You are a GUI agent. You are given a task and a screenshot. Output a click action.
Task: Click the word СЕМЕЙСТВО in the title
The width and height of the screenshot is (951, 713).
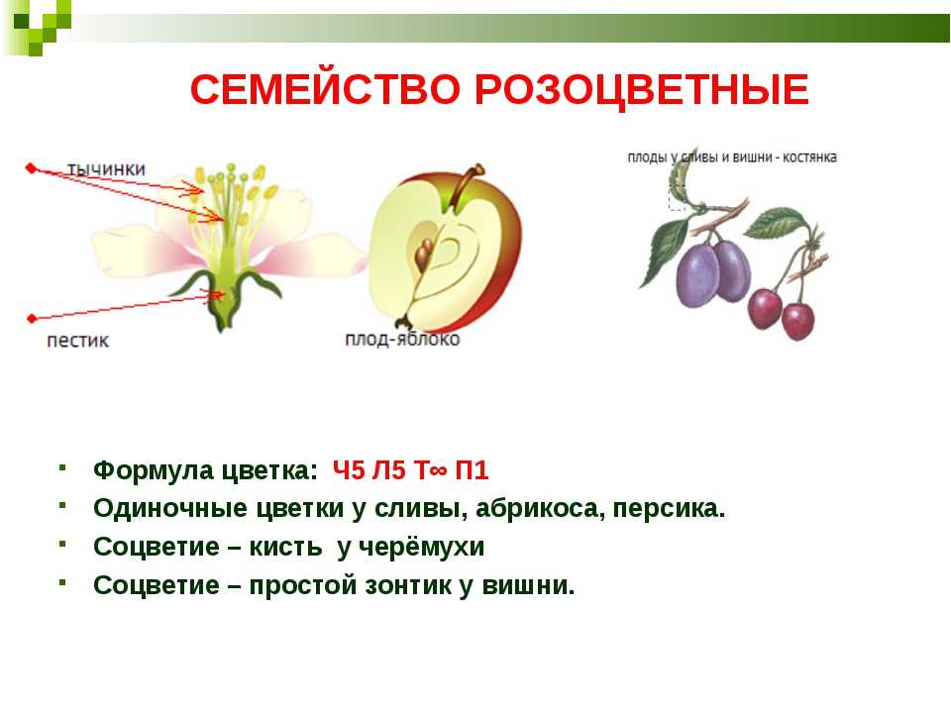(325, 89)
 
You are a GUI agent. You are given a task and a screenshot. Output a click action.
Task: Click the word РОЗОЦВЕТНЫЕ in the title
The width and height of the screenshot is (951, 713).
(642, 90)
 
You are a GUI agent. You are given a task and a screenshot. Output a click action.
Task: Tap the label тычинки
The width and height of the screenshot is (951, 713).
(106, 169)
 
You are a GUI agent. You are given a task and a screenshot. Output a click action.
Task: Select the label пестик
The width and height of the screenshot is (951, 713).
(77, 341)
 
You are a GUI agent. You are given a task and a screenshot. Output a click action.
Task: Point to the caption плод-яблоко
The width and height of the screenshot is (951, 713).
(402, 339)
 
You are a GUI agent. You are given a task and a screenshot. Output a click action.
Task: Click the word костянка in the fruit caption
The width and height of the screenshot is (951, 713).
(809, 157)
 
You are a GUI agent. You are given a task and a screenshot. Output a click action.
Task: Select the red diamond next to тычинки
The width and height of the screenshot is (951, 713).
(31, 168)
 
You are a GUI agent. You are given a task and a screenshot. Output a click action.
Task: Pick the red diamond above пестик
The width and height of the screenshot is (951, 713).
(32, 318)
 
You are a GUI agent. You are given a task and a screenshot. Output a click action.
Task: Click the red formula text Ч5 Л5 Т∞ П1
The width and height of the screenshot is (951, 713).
(410, 470)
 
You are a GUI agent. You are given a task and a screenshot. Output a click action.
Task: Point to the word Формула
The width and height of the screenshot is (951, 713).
(153, 471)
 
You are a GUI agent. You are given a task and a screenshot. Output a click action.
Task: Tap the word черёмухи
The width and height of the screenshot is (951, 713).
(421, 548)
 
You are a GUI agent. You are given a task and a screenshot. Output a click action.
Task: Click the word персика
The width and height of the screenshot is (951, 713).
(669, 509)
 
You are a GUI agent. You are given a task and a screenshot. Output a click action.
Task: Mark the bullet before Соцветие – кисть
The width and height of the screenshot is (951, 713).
(62, 544)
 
